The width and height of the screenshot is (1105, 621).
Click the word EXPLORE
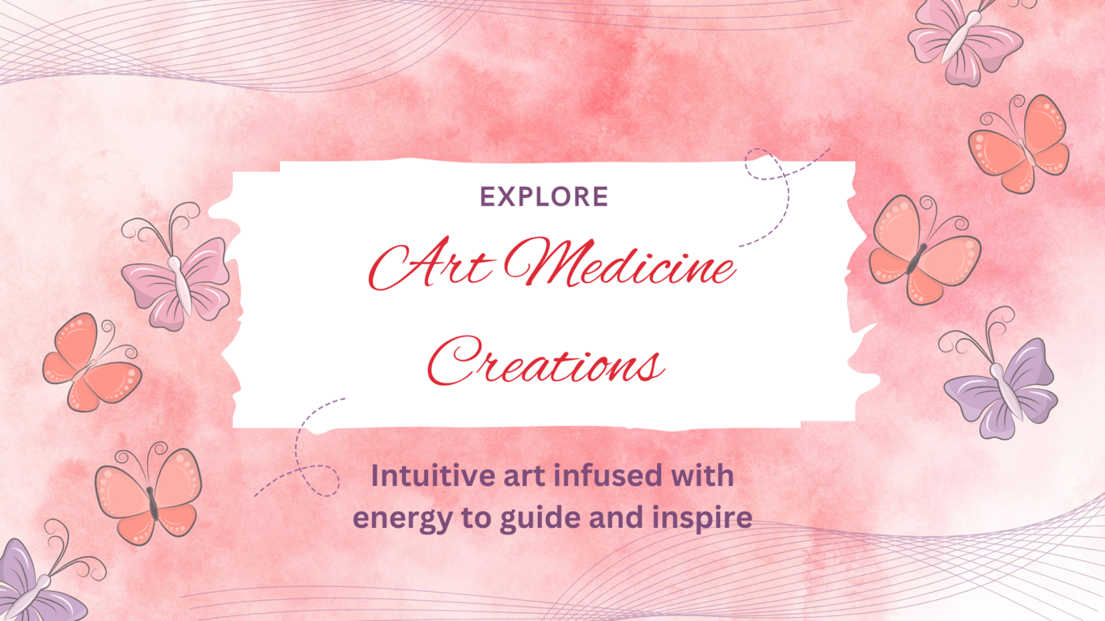click(544, 196)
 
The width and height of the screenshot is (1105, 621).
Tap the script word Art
click(430, 264)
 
